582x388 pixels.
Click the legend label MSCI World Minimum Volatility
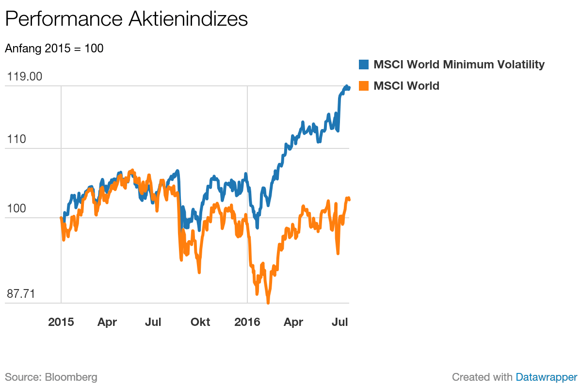tap(459, 65)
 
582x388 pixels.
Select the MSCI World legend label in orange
tap(406, 86)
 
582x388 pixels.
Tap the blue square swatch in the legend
tap(364, 65)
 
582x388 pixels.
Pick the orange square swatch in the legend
tap(364, 86)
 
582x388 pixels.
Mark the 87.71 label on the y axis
tap(20, 294)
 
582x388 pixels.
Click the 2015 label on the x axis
tap(61, 322)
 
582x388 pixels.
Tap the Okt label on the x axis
tap(200, 322)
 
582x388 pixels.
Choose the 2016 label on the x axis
tap(247, 322)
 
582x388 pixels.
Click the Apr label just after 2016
tap(293, 322)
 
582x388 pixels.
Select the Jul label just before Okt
tap(153, 322)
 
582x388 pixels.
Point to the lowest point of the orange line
tap(268, 303)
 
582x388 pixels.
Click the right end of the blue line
tap(348, 88)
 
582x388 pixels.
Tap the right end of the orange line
tap(349, 198)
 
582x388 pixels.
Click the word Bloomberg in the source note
tap(71, 377)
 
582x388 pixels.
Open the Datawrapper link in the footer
tap(547, 377)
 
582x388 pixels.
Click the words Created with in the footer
tap(482, 377)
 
